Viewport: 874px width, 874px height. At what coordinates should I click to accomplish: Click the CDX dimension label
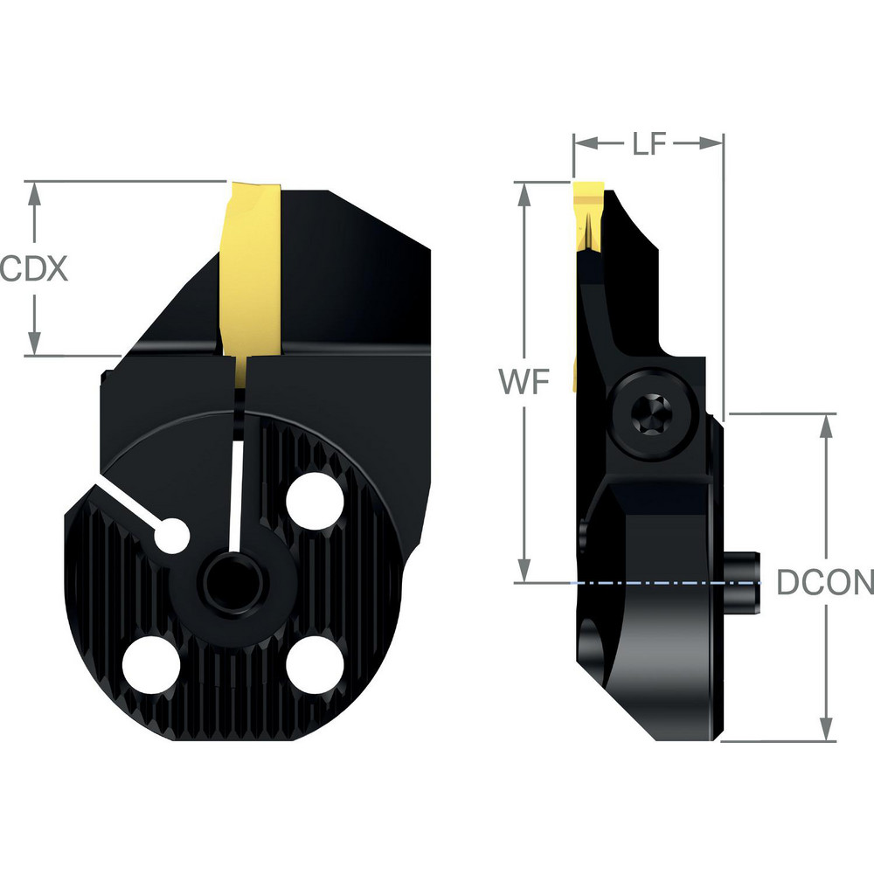[33, 268]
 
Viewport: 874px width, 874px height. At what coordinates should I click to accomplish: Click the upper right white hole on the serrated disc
[316, 502]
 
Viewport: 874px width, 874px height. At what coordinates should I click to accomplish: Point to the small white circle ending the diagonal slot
[172, 535]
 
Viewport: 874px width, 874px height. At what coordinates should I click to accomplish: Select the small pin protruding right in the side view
[745, 576]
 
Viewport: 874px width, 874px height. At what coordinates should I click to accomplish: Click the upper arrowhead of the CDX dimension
[34, 194]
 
